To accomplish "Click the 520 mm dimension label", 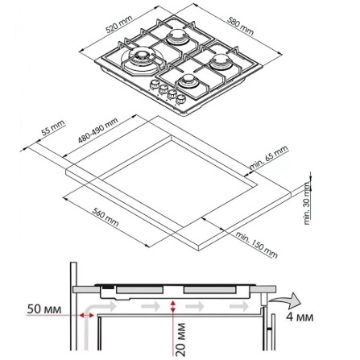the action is click(x=119, y=24).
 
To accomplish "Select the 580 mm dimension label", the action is click(x=240, y=26).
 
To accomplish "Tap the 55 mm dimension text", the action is click(x=53, y=128).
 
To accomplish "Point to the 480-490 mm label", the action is click(x=97, y=130).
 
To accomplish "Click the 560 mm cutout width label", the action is click(x=106, y=217).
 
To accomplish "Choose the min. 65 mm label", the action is click(x=269, y=157).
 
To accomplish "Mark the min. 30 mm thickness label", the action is click(x=307, y=203).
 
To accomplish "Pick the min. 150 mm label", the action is click(x=256, y=244).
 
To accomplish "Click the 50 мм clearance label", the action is click(x=44, y=309).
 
